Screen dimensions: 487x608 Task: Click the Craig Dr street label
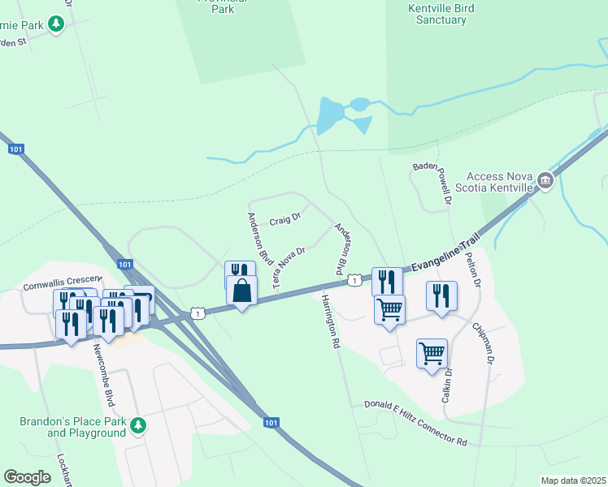click(285, 219)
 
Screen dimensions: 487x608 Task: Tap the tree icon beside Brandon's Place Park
click(139, 425)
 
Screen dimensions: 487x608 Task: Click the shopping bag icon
click(242, 291)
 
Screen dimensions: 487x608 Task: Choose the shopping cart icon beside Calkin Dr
click(432, 354)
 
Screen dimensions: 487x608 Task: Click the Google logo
click(28, 476)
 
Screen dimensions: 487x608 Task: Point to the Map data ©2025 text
click(572, 481)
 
